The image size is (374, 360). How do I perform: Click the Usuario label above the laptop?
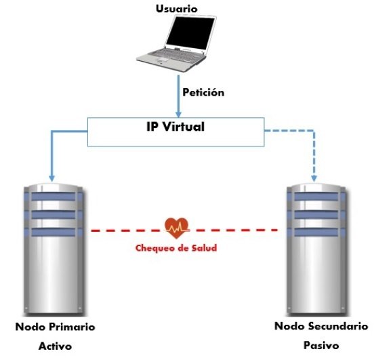(x=177, y=9)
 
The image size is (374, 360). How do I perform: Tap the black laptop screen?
(x=191, y=33)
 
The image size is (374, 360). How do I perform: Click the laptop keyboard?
(x=175, y=56)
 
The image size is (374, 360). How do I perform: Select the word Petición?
(x=203, y=92)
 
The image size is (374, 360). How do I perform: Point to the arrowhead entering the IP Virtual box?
(x=178, y=115)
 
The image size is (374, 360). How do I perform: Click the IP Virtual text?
(x=175, y=127)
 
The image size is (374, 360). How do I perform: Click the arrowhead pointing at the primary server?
(x=51, y=178)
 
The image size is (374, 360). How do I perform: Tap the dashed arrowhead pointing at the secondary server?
(x=314, y=178)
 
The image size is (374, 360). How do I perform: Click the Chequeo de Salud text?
(x=176, y=248)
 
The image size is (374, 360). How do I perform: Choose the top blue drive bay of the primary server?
(x=54, y=197)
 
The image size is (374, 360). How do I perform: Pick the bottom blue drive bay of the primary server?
(x=54, y=233)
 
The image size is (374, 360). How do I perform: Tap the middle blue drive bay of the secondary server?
(x=316, y=215)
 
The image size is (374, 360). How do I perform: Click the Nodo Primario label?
(x=55, y=327)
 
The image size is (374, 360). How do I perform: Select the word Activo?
(x=55, y=346)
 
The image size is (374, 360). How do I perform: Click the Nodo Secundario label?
(x=321, y=326)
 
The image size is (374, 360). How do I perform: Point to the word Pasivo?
(x=321, y=346)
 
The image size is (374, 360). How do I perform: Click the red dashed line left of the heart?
(x=128, y=231)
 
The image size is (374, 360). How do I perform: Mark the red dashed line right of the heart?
(x=234, y=230)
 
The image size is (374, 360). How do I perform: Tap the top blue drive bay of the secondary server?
(x=316, y=197)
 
